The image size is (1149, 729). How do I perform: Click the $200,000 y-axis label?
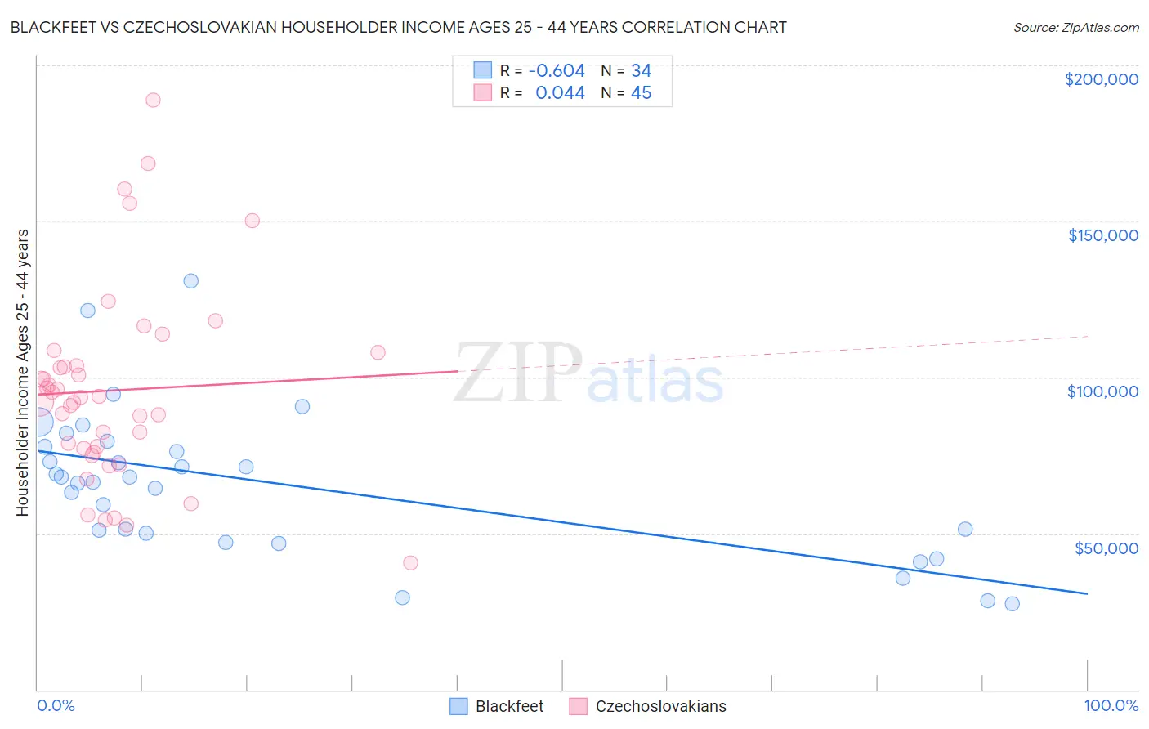1101,79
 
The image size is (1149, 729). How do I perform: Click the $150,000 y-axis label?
1102,235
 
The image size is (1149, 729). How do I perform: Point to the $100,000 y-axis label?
1102,391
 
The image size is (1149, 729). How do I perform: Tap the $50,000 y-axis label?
1106,548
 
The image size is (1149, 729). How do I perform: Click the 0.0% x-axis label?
56,705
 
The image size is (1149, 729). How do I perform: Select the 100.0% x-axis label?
1111,705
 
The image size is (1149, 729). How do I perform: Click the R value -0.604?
557,71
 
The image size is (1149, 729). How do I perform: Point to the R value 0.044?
560,93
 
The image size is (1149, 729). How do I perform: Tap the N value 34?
641,71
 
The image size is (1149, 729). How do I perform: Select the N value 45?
641,93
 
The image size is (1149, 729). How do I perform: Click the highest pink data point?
153,101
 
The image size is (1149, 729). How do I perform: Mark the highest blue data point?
190,281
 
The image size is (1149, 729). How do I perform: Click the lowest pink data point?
410,563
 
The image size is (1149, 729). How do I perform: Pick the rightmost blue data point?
1012,604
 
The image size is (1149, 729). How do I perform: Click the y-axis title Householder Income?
22,372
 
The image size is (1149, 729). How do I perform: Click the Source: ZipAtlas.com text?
1075,28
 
